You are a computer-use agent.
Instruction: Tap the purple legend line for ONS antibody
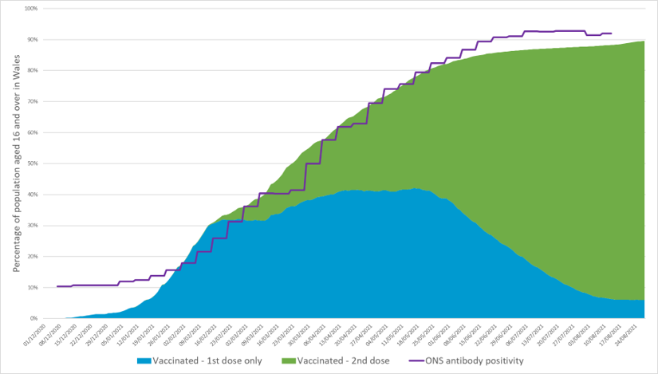point(420,361)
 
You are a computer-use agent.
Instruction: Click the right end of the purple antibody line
point(611,33)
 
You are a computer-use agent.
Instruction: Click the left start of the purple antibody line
point(57,285)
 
